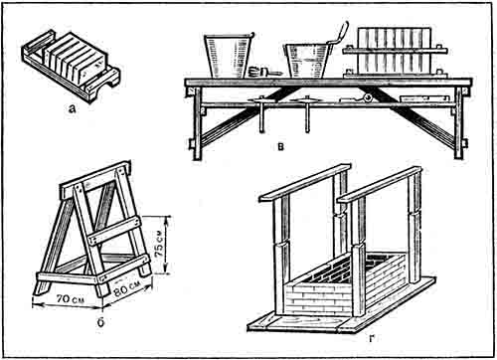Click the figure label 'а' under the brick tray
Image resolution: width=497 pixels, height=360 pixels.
click(72, 109)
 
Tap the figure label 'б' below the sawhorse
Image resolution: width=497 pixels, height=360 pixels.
click(101, 322)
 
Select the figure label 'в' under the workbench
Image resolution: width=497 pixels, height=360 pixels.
click(281, 146)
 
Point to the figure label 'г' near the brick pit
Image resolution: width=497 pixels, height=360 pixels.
click(371, 338)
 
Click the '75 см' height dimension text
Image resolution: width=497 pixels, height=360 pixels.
click(160, 244)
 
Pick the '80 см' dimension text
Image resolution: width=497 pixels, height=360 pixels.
click(127, 288)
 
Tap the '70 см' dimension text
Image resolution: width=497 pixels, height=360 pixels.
click(70, 299)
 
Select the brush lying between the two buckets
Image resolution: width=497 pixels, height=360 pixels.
click(264, 72)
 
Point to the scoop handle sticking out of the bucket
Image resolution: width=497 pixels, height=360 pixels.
click(339, 34)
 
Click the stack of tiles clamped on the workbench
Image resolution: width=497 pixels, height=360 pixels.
click(395, 51)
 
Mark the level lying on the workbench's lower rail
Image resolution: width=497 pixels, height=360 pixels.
click(424, 98)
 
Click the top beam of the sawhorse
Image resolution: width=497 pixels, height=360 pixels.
click(95, 180)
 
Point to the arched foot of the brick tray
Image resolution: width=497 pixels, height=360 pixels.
click(103, 85)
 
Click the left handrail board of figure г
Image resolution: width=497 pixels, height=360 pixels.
click(305, 182)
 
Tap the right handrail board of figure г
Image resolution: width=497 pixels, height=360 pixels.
click(380, 185)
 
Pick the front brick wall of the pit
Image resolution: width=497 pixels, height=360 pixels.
click(317, 298)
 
